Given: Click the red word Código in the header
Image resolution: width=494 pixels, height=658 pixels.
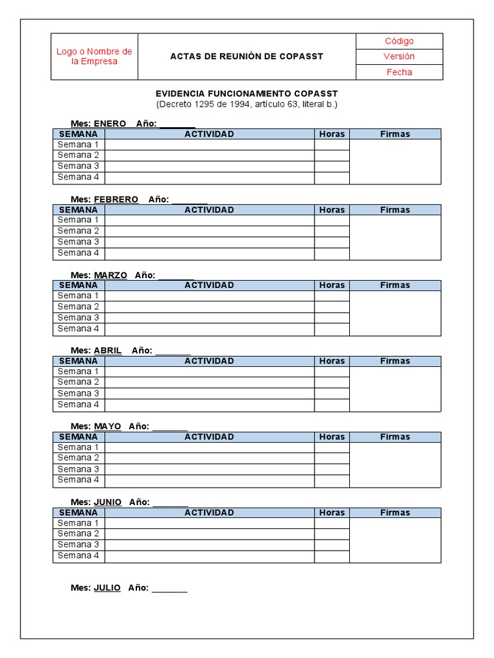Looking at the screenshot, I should tap(399, 41).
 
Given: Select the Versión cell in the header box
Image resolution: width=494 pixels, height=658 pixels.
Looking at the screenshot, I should tap(399, 57).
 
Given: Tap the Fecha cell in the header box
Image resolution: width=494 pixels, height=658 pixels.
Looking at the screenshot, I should tap(399, 72).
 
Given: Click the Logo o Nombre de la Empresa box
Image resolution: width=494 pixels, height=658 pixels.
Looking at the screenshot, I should tap(95, 57).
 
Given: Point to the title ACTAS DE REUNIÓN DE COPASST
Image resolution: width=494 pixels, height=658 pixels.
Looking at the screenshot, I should tap(246, 57).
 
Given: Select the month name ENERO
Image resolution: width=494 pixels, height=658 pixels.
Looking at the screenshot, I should tap(110, 123).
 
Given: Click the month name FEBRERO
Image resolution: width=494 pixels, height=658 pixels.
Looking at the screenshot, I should tap(116, 199).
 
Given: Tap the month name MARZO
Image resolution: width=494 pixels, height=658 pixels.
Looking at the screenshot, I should tap(111, 275).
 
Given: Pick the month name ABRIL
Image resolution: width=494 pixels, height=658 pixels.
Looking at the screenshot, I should tap(107, 350).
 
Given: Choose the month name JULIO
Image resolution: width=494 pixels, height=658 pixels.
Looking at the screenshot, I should tap(107, 587).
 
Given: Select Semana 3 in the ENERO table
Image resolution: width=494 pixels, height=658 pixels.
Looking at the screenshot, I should tap(78, 166).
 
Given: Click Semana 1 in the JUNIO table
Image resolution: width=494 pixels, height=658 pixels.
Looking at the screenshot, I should tap(78, 522).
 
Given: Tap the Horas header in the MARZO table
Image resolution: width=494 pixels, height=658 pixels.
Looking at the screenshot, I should tap(332, 285).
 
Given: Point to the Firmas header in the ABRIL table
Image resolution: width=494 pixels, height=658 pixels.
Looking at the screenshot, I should tap(395, 361).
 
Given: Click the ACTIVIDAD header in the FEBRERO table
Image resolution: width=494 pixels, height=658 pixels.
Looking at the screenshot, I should tap(209, 209).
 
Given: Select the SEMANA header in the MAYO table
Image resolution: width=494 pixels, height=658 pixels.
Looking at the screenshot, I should tap(78, 437).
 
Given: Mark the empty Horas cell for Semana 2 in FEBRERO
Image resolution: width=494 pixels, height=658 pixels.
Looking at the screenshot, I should tap(332, 231).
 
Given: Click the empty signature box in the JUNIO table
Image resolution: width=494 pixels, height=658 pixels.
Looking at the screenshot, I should tap(395, 539).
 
